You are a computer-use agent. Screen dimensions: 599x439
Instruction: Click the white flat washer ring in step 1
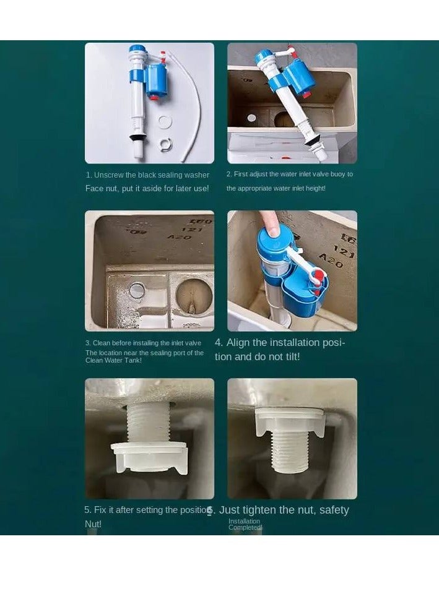(x=164, y=122)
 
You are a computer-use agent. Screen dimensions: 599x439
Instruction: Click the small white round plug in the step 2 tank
(x=252, y=118)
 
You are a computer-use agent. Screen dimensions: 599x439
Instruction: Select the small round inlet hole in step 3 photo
(x=137, y=288)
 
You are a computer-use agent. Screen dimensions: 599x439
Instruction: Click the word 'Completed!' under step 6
(x=245, y=528)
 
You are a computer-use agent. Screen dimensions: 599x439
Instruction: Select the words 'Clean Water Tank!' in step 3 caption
(x=113, y=360)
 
